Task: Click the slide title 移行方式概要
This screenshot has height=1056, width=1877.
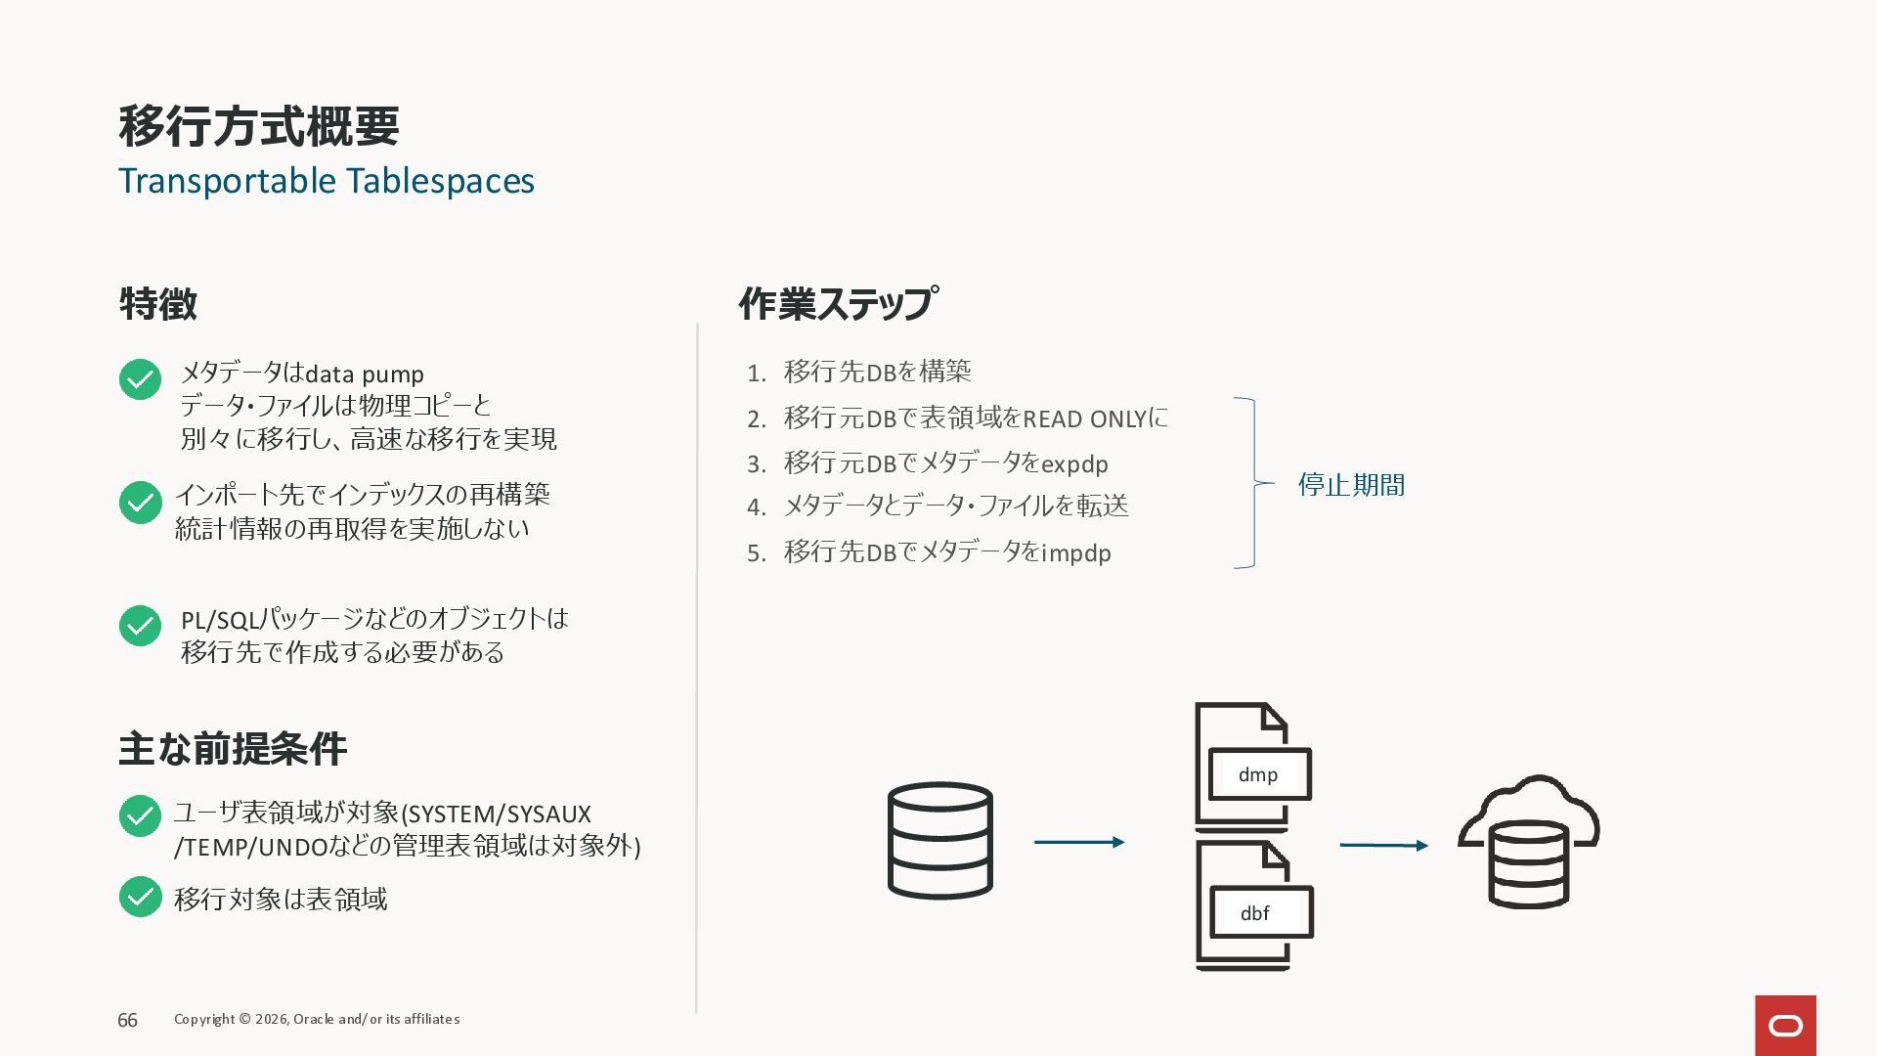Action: click(x=259, y=126)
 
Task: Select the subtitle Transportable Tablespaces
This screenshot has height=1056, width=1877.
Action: click(x=327, y=181)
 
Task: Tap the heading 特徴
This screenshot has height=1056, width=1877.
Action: click(x=158, y=304)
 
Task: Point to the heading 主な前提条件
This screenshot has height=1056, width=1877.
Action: click(x=233, y=749)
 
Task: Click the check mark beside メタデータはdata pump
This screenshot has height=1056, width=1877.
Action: click(x=140, y=379)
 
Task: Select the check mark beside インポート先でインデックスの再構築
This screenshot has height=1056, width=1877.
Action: click(x=140, y=503)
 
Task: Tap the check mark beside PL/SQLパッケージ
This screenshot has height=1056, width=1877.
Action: click(x=140, y=626)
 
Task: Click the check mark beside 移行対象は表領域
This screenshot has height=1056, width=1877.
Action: click(x=140, y=897)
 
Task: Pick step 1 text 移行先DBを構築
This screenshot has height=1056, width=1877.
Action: click(x=877, y=372)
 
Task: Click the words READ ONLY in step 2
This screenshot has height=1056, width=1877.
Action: click(x=1084, y=419)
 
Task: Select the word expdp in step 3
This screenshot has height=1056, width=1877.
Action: click(x=1074, y=464)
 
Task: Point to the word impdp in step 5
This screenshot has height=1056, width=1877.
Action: click(x=1076, y=553)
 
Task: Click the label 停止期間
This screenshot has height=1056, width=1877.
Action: click(x=1351, y=485)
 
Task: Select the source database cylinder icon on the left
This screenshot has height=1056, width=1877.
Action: click(x=939, y=840)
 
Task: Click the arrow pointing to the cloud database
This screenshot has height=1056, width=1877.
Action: click(x=1383, y=845)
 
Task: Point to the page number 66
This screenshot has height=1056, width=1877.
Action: click(x=127, y=1020)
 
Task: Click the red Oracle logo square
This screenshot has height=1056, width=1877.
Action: click(x=1785, y=1025)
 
